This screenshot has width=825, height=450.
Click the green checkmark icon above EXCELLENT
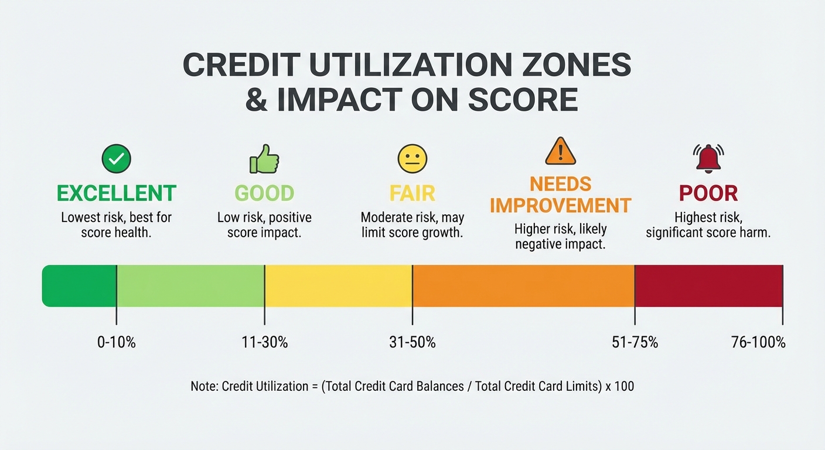(116, 159)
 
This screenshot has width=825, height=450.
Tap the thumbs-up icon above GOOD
(264, 159)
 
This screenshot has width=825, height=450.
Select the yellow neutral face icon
(412, 159)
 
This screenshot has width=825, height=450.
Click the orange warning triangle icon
(561, 151)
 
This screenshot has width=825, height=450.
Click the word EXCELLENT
(116, 193)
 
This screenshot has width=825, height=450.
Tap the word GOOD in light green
(264, 193)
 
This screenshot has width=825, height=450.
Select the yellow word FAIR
(412, 193)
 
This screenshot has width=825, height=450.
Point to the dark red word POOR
(708, 193)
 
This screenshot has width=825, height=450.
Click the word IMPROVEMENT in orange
(561, 206)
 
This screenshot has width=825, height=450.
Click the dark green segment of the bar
(80, 286)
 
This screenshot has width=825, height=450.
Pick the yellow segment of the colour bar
(338, 286)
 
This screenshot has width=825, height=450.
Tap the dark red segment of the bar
(708, 286)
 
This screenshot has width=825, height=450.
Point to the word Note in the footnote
(203, 387)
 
